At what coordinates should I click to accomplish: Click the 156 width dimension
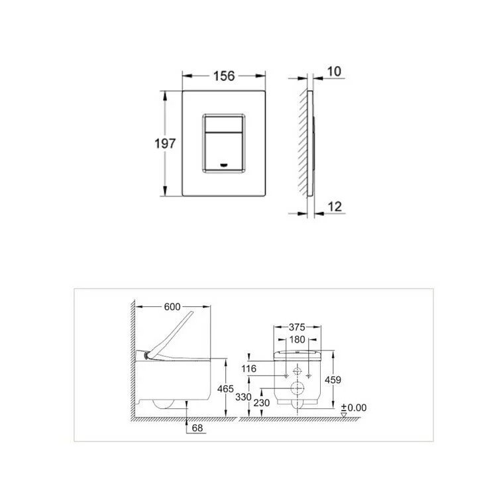pos(224,76)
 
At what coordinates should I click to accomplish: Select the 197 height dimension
pos(165,144)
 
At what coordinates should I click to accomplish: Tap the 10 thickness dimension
pos(334,72)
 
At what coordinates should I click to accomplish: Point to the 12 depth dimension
pos(335,207)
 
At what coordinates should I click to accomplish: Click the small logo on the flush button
pos(224,164)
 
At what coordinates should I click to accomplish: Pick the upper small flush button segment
pos(224,125)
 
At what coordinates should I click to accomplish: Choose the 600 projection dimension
pos(172,307)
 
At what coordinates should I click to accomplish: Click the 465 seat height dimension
pos(225,388)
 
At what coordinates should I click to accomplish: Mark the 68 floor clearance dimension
pos(197,428)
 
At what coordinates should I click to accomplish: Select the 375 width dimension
pos(297,327)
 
